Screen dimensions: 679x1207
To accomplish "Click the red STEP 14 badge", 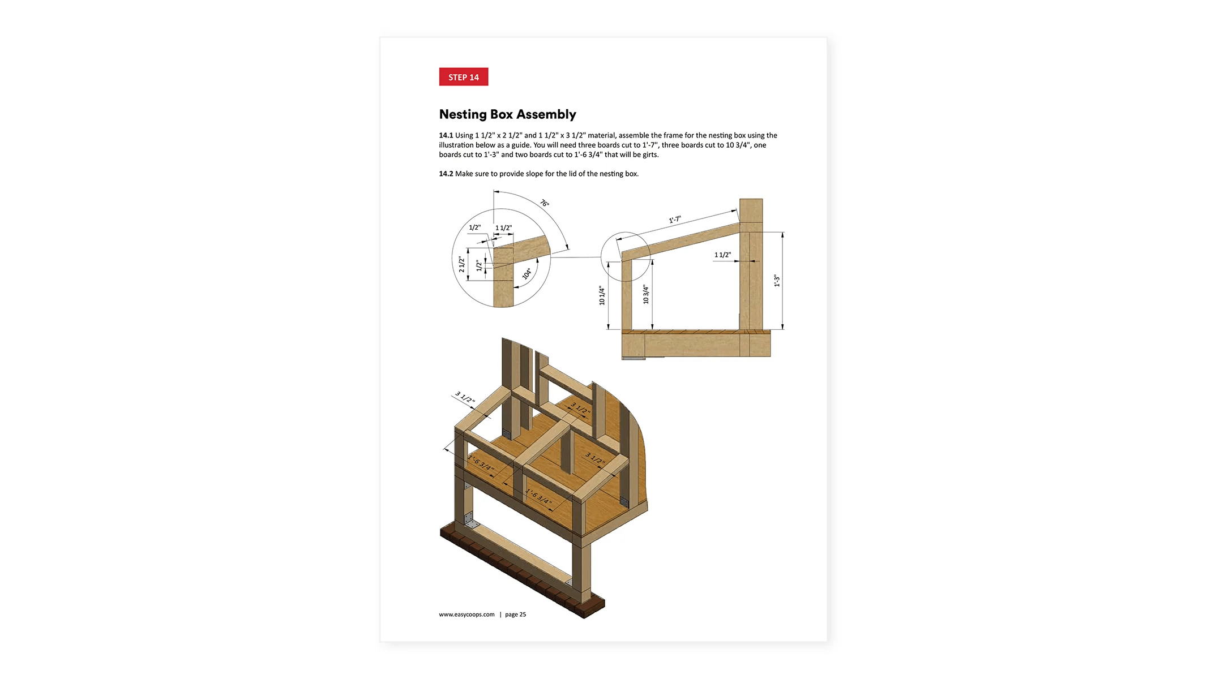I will (x=463, y=77).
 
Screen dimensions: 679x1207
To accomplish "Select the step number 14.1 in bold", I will (x=446, y=135).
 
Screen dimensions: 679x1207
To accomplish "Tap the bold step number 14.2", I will (x=446, y=174).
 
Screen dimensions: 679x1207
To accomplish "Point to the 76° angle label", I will (x=544, y=203).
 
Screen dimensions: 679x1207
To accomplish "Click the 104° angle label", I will (x=527, y=274).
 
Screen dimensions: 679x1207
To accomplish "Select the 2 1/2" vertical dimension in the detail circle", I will (x=461, y=264).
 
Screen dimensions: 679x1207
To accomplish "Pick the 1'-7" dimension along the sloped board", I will (x=675, y=220).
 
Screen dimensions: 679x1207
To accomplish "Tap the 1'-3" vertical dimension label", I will (x=777, y=281).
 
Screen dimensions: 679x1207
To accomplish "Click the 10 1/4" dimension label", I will (x=602, y=295).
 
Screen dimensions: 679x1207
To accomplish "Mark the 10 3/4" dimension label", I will (x=646, y=294).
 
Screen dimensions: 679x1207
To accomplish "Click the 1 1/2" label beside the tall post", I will (x=722, y=255).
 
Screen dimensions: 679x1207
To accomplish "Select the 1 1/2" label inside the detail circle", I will (x=503, y=228).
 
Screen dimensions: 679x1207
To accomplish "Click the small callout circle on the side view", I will (x=625, y=256).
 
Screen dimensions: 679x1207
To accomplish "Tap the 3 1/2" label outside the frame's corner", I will (x=465, y=397).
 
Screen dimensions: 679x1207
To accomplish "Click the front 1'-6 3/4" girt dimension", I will (x=538, y=496).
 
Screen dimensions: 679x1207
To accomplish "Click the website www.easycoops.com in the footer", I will (x=466, y=614).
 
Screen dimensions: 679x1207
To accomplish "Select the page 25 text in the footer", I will (x=515, y=614).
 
